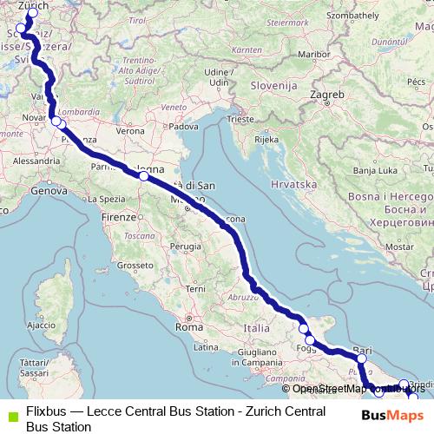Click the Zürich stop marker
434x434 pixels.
[x=34, y=13]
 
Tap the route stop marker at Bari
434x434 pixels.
[x=362, y=358]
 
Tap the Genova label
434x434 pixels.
[x=50, y=183]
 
